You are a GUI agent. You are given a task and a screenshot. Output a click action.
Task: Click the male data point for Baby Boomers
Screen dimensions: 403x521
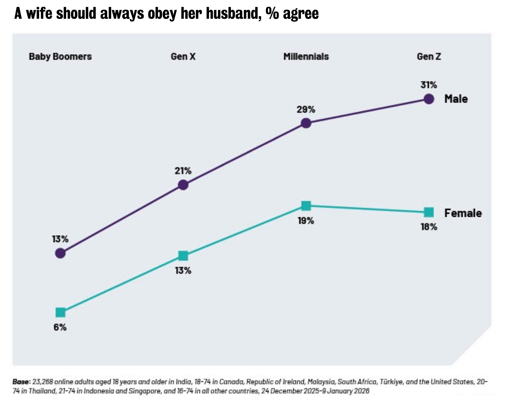[60, 253]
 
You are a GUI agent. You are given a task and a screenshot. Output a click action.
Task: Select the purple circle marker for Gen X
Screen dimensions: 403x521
[183, 185]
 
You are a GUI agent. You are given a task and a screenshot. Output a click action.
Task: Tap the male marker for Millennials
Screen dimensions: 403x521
[306, 123]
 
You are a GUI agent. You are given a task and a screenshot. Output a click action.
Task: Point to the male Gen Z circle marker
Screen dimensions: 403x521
[429, 99]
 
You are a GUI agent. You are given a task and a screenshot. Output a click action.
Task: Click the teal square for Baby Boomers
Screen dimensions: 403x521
[60, 312]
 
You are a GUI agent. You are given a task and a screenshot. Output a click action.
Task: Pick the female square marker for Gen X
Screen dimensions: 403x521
[183, 255]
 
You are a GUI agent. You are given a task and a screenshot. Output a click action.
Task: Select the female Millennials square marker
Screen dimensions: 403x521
[306, 206]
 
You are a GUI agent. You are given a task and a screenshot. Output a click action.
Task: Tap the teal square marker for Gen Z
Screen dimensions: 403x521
[429, 212]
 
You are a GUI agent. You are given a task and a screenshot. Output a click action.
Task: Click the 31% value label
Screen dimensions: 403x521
[429, 85]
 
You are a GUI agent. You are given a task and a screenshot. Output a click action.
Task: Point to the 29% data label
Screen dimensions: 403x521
[306, 109]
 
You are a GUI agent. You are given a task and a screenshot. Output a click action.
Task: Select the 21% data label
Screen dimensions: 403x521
[183, 171]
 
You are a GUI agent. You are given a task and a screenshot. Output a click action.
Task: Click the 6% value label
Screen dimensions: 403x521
[60, 327]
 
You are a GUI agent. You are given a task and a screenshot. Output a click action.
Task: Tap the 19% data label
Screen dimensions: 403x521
[306, 221]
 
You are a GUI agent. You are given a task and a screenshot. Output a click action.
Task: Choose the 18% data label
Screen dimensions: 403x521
[429, 227]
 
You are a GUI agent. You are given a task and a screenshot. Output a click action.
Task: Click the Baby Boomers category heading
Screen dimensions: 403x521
[60, 57]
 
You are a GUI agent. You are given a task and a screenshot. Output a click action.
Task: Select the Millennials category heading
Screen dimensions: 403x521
[306, 57]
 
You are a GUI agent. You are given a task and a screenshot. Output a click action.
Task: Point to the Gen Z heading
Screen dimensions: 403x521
[429, 57]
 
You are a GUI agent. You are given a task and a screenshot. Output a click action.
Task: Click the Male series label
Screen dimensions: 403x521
[456, 99]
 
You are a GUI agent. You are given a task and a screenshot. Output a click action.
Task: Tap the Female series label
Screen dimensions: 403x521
[463, 213]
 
